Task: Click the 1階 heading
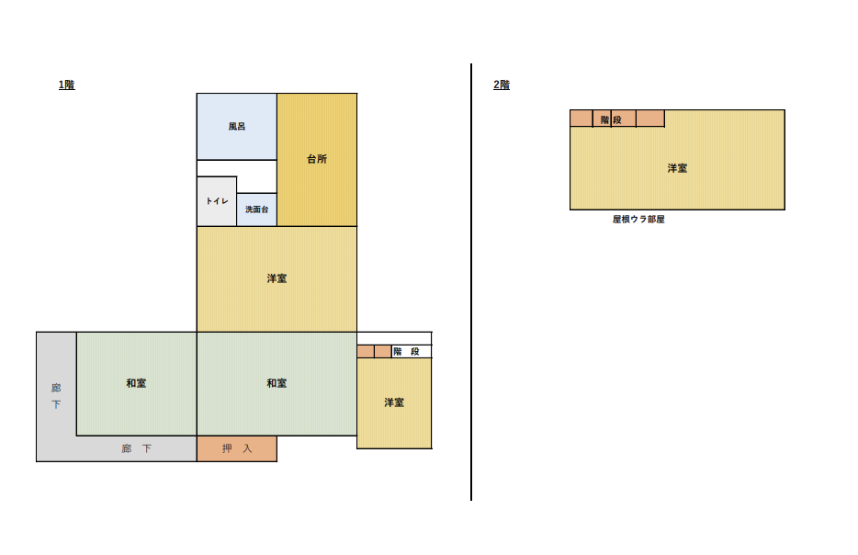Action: tap(67, 85)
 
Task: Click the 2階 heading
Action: tap(502, 85)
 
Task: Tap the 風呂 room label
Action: tap(237, 127)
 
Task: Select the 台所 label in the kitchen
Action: tap(317, 159)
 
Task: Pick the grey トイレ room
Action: tap(217, 201)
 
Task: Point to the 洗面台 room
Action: tap(256, 210)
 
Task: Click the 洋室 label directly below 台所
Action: tap(277, 278)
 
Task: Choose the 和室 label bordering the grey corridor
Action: tap(136, 383)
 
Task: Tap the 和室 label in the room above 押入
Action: tap(277, 383)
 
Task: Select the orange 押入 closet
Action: tap(237, 448)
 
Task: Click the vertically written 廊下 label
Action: tap(56, 396)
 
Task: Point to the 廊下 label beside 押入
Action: tap(136, 448)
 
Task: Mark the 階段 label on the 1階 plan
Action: tap(406, 351)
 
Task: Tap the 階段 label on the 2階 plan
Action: tap(611, 119)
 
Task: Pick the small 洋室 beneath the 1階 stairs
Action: tap(394, 403)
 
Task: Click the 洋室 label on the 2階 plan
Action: tap(677, 168)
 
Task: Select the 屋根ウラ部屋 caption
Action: tap(638, 220)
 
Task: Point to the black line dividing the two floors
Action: tap(471, 282)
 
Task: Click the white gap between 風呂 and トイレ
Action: tap(237, 168)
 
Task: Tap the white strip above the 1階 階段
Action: tap(394, 338)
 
